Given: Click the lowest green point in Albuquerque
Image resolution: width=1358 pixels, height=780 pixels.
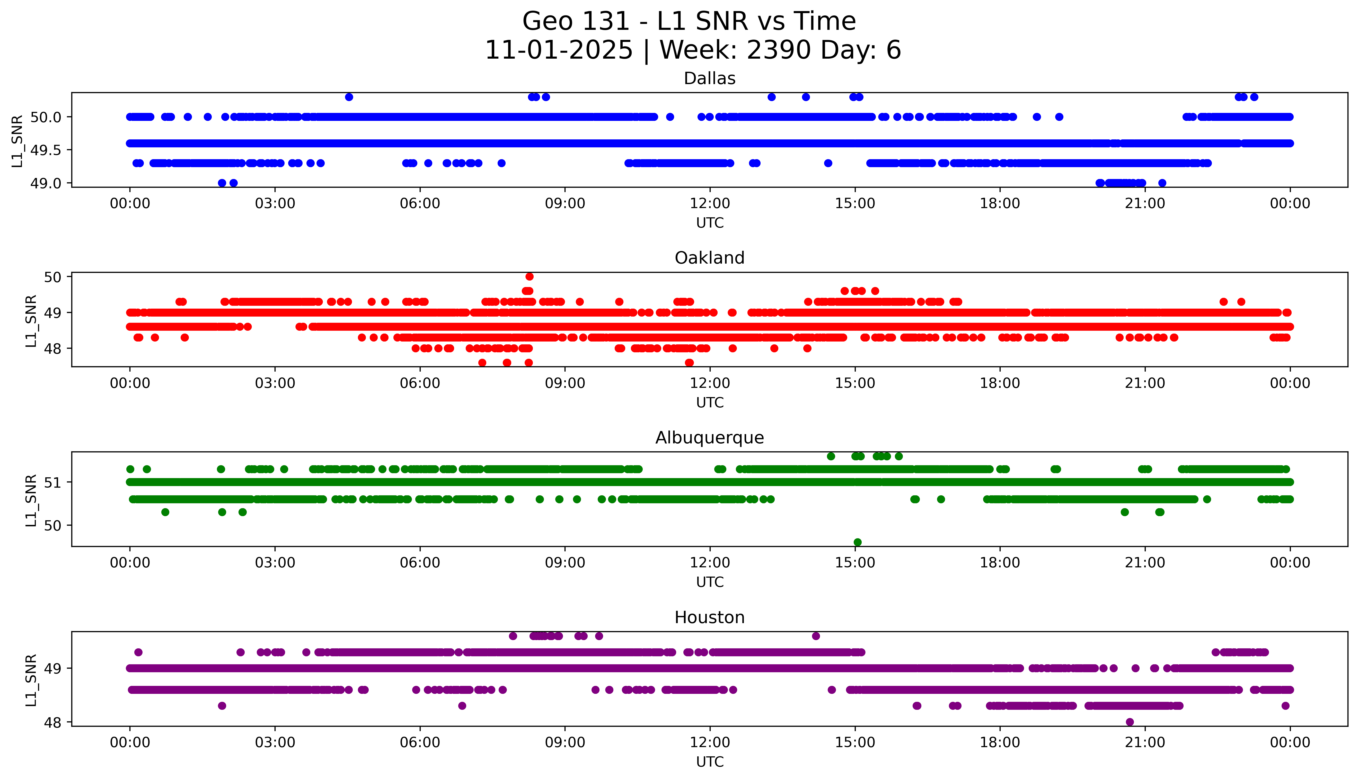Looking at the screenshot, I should pyautogui.click(x=858, y=542).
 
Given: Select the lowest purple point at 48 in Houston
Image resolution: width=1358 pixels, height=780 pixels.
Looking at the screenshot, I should pyautogui.click(x=1130, y=722).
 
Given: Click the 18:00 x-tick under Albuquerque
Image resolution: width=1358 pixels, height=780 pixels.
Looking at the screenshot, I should pyautogui.click(x=1000, y=562).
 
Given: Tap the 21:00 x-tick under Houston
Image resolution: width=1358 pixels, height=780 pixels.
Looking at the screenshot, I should pyautogui.click(x=1145, y=742).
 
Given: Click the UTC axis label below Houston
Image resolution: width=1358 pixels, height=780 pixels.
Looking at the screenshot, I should pyautogui.click(x=710, y=762).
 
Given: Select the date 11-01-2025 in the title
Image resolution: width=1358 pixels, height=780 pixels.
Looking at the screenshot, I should pyautogui.click(x=559, y=50).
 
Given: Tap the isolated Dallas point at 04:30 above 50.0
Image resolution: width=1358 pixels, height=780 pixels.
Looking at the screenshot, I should pyautogui.click(x=349, y=97).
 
